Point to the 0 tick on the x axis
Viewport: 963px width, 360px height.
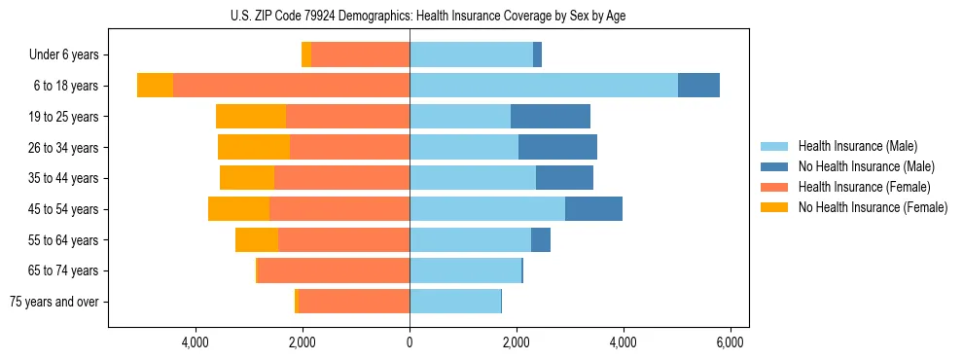click(410, 342)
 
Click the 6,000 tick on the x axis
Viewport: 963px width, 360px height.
click(730, 342)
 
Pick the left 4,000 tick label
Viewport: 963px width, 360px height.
click(196, 342)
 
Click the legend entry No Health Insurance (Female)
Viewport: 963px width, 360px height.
click(873, 207)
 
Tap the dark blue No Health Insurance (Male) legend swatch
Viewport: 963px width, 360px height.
click(775, 166)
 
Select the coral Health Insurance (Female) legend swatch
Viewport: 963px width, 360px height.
click(775, 187)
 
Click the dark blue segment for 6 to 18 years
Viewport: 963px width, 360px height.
click(698, 86)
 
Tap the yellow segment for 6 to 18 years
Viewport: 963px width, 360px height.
click(155, 86)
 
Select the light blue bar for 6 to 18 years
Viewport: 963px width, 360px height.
click(544, 86)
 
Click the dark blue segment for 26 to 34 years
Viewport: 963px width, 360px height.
click(557, 147)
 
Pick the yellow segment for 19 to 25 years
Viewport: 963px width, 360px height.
click(251, 117)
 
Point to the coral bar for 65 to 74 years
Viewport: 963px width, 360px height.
click(334, 270)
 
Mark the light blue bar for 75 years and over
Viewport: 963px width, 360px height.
click(455, 302)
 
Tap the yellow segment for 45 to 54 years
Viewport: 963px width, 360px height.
click(238, 209)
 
